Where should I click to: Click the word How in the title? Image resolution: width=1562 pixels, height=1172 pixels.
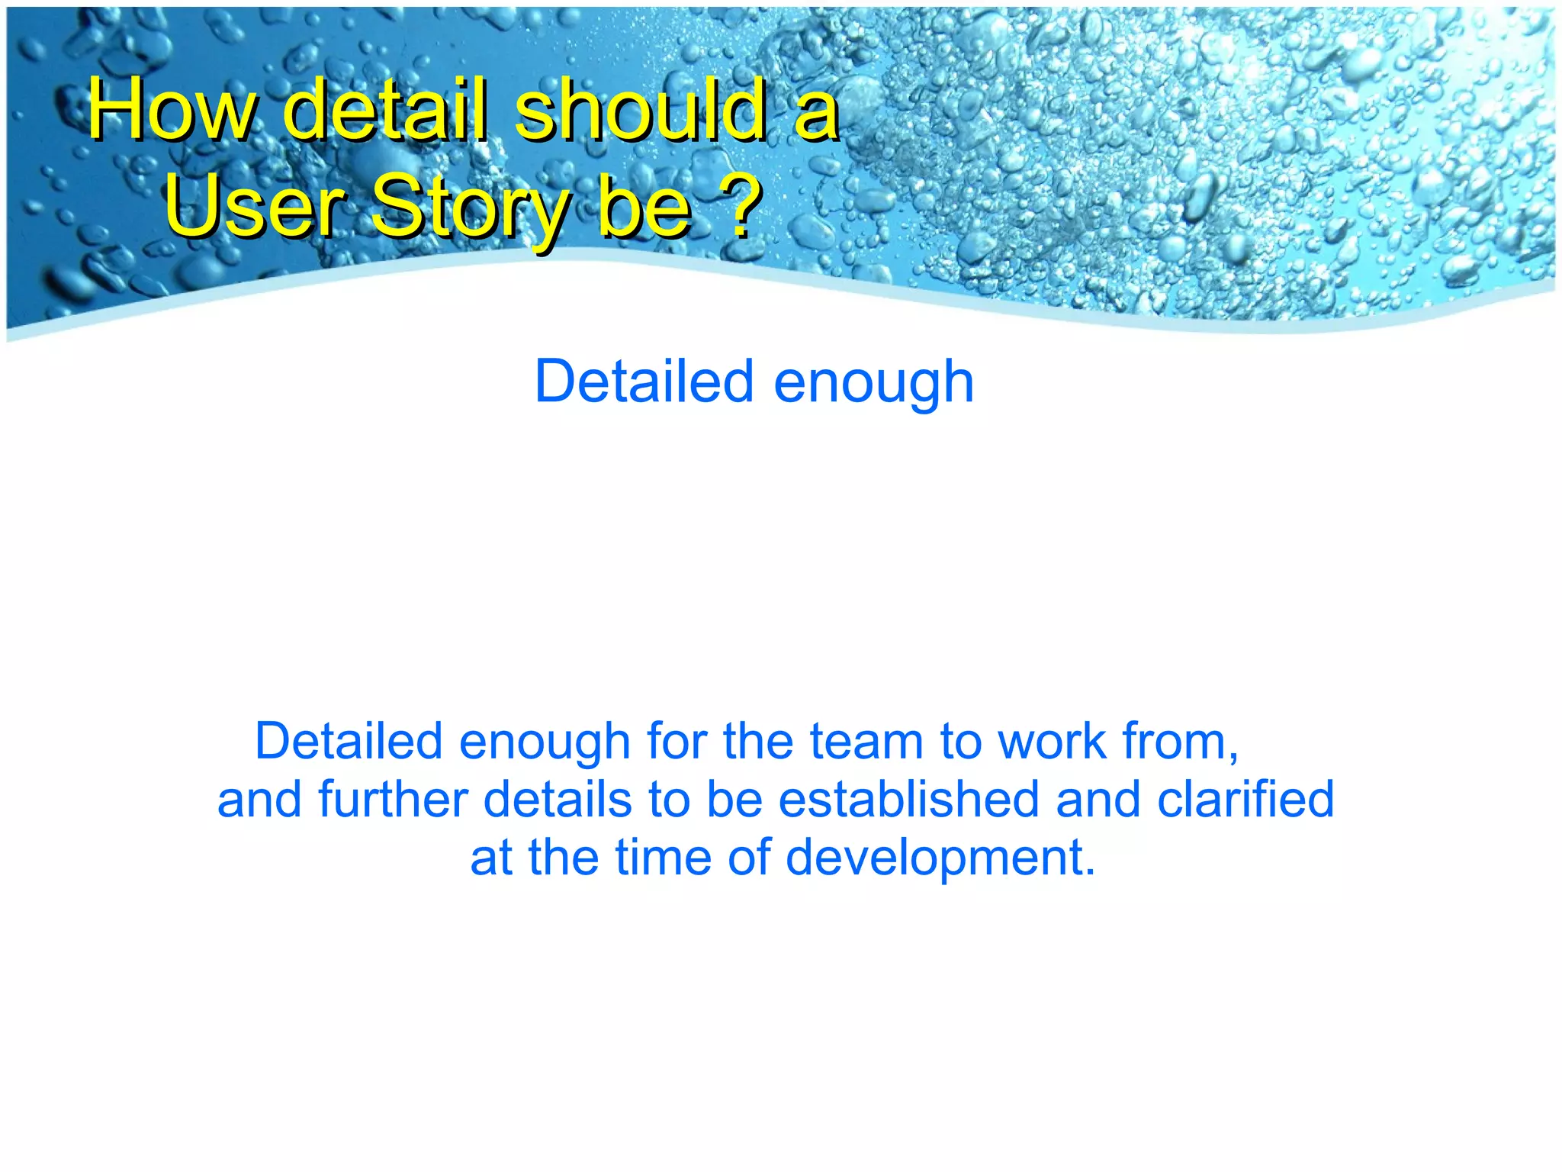[x=171, y=111]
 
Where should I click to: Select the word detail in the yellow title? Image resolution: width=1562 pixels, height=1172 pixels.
[x=384, y=111]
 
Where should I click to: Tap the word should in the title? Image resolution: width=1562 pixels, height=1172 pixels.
[x=641, y=111]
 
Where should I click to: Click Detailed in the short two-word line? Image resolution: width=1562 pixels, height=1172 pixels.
[x=644, y=381]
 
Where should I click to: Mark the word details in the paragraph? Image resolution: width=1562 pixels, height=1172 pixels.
[x=558, y=799]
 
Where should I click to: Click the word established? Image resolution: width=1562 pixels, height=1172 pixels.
[x=908, y=799]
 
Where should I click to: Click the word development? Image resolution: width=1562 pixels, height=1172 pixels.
[x=940, y=858]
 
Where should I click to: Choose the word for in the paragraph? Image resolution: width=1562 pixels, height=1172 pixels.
[x=676, y=741]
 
